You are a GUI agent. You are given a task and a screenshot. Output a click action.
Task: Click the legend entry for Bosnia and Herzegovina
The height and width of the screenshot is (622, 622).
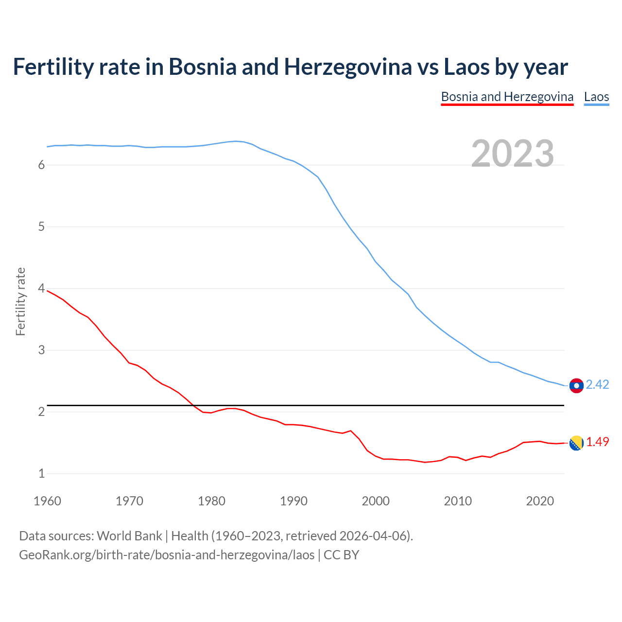pyautogui.click(x=507, y=97)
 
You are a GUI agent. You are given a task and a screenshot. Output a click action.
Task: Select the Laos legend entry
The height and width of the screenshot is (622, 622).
pyautogui.click(x=596, y=97)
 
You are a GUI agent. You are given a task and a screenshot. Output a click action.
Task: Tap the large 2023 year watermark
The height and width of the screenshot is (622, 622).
pyautogui.click(x=513, y=154)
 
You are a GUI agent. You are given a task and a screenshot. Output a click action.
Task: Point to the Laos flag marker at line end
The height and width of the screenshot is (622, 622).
pyautogui.click(x=576, y=385)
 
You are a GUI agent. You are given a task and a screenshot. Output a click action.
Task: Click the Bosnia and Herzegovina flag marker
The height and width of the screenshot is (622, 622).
pyautogui.click(x=576, y=443)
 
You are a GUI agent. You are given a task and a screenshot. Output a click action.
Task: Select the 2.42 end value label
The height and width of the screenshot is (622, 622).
pyautogui.click(x=597, y=384)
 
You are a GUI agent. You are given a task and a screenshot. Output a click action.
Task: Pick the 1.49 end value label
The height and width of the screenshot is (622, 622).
pyautogui.click(x=597, y=442)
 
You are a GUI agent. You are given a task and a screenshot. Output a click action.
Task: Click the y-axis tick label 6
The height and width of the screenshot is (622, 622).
pyautogui.click(x=41, y=165)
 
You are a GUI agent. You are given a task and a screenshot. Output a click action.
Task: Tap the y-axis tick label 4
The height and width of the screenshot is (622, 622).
pyautogui.click(x=41, y=289)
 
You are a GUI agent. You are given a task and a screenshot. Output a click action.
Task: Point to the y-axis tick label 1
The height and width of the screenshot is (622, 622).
pyautogui.click(x=41, y=473)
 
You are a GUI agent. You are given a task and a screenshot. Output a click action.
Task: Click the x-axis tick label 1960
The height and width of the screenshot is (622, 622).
pyautogui.click(x=47, y=501)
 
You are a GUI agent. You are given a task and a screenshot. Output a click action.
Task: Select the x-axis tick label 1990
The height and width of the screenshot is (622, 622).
pyautogui.click(x=294, y=501)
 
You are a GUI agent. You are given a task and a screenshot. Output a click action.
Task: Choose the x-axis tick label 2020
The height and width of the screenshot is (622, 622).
pyautogui.click(x=540, y=501)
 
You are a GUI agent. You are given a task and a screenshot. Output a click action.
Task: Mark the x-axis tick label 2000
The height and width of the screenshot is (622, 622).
pyautogui.click(x=376, y=501)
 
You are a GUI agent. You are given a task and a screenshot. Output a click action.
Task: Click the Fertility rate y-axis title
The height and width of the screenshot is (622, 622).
pyautogui.click(x=20, y=301)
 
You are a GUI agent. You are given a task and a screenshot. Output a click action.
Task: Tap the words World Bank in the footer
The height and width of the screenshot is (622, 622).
pyautogui.click(x=129, y=536)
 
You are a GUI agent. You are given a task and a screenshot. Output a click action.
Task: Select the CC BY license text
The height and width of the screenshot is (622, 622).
pyautogui.click(x=341, y=555)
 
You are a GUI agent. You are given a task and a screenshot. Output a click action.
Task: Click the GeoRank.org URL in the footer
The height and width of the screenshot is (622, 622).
pyautogui.click(x=167, y=555)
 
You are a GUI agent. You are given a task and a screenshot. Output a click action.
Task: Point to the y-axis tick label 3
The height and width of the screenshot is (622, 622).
pyautogui.click(x=41, y=350)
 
